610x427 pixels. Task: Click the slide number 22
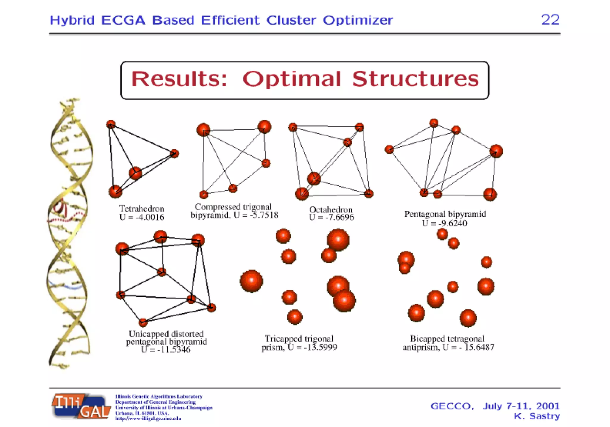point(550,20)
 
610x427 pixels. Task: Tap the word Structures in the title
point(415,79)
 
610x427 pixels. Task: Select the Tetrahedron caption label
point(141,209)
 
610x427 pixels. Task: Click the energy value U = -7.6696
point(331,218)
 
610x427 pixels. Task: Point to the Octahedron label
point(331,210)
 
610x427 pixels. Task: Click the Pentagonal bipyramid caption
point(445,214)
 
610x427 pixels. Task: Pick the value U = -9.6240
point(444,223)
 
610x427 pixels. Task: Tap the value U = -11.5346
point(166,350)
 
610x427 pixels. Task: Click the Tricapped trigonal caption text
point(299,339)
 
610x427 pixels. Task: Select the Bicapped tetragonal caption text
point(447,339)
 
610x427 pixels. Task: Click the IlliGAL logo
point(81,406)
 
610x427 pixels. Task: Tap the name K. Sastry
point(537,416)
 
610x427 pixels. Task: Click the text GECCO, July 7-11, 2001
point(495,406)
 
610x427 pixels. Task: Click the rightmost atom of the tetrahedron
point(174,154)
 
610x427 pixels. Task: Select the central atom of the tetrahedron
point(135,173)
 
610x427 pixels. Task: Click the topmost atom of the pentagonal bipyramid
point(434,123)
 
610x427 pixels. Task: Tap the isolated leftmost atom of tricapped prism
point(251,281)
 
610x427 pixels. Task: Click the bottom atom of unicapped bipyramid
point(143,322)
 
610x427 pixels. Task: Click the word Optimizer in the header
point(357,20)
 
